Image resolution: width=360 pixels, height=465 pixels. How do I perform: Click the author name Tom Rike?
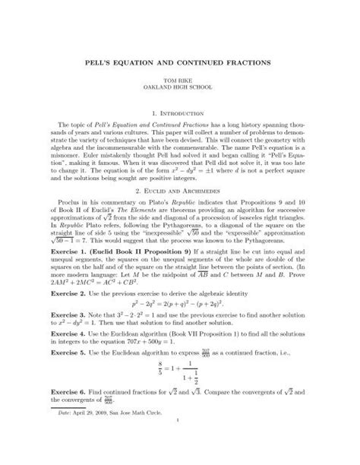180,78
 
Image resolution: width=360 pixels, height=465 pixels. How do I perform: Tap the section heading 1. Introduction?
180,107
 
